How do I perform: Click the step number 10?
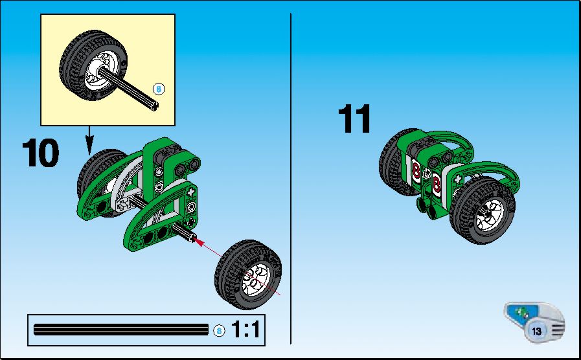tap(40, 153)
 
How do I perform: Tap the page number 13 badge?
tap(536, 331)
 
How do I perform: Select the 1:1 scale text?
tap(245, 329)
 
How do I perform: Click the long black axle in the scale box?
tap(121, 330)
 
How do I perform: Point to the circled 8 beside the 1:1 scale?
tap(219, 330)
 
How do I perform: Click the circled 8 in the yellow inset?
tap(159, 89)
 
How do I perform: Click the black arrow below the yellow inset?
tap(89, 141)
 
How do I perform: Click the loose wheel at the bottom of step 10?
tap(248, 275)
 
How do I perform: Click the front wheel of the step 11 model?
tap(482, 210)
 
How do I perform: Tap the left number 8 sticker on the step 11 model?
tap(416, 171)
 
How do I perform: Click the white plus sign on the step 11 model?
tap(458, 179)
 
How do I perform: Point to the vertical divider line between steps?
tap(290, 179)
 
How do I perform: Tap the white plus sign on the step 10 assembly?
tap(191, 192)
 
